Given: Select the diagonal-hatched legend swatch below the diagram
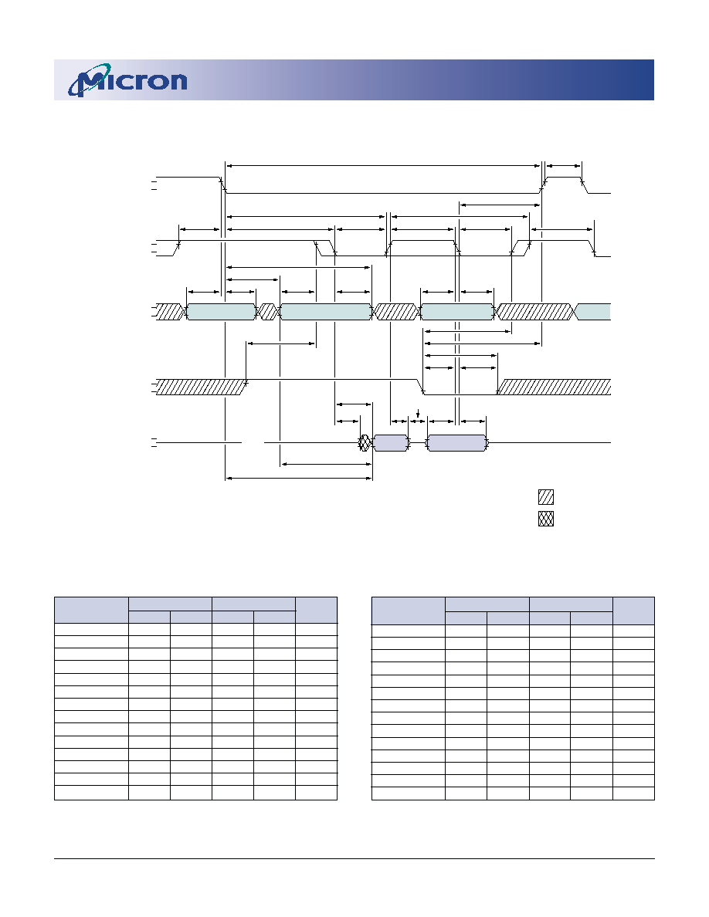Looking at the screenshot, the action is coord(546,497).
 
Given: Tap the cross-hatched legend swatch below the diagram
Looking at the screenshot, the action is coord(546,519).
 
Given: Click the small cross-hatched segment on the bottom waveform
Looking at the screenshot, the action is coord(365,443).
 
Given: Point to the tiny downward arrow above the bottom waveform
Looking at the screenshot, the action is coord(417,415).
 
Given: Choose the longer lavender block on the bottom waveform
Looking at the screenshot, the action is coord(457,443).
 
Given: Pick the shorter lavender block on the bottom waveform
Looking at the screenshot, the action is coord(391,443).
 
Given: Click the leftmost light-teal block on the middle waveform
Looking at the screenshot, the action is coord(221,312).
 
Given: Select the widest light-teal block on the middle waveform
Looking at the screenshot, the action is coord(326,312).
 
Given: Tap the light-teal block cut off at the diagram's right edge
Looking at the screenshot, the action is coord(593,312).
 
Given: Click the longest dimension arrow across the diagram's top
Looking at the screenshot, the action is coord(382,166).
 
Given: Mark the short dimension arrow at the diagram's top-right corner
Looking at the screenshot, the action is coord(564,166).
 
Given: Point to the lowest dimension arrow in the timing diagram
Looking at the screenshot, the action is coord(299,479).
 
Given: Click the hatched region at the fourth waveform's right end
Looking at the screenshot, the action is coord(555,387).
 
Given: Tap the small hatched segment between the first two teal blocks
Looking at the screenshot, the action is coord(268,312).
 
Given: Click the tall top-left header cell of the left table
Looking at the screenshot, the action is coord(91,610).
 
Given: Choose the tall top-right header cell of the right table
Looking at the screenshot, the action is coord(633,611).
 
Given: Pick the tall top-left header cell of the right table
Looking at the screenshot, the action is coord(409,611).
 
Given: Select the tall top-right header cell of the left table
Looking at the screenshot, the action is coord(317,610).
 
